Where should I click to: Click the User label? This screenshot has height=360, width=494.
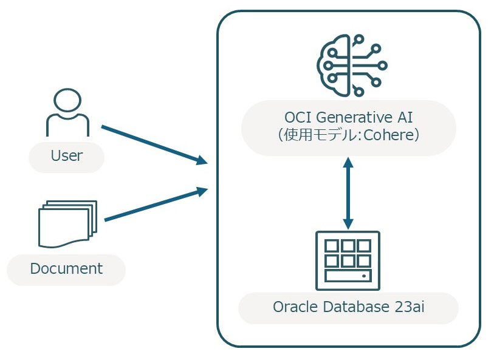(x=66, y=155)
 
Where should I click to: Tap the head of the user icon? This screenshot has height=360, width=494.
(x=67, y=100)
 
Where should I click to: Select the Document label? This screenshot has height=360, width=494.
(x=66, y=268)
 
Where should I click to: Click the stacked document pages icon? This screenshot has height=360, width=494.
(x=67, y=224)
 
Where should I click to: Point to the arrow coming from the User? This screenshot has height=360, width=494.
(x=154, y=144)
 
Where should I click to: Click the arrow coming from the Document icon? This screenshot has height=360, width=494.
(x=156, y=204)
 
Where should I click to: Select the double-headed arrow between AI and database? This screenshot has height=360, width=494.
(x=348, y=193)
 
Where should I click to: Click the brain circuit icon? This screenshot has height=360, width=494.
(x=352, y=66)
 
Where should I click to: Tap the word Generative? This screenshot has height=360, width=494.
(x=354, y=118)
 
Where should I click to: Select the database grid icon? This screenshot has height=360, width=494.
(x=348, y=260)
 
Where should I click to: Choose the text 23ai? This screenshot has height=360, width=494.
(x=410, y=307)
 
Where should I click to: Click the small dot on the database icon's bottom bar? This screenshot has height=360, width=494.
(x=364, y=276)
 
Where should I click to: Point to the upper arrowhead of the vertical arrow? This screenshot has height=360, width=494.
(x=348, y=162)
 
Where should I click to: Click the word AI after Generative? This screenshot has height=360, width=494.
(x=405, y=118)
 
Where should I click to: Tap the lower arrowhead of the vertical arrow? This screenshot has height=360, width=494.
(x=348, y=224)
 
